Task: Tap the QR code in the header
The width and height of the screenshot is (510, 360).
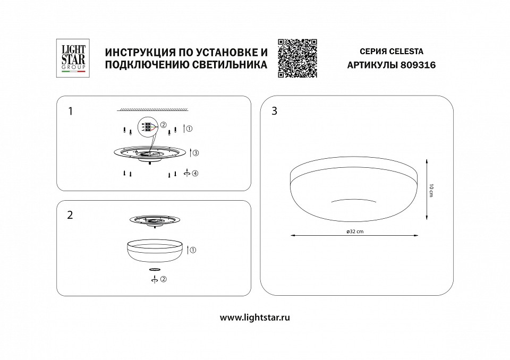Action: click(297, 58)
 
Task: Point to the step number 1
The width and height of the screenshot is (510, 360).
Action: click(71, 112)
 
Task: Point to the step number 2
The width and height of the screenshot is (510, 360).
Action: click(71, 215)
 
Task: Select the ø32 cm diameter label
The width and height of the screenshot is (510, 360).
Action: click(354, 232)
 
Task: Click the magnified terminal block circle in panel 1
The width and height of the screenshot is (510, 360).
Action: click(148, 127)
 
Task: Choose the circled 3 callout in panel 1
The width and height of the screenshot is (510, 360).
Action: click(195, 153)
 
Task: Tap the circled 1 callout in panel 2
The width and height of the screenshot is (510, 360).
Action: click(193, 249)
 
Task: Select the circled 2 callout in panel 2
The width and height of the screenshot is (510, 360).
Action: click(164, 279)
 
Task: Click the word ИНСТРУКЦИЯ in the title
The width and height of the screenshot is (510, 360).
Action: click(140, 52)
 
